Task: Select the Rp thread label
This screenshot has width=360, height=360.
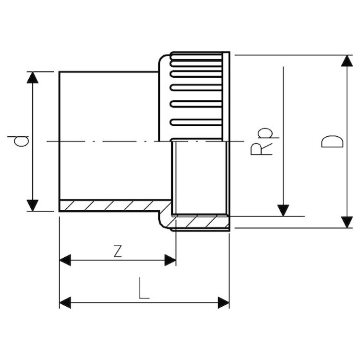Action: tap(262, 141)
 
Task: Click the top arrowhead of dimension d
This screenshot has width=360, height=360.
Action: tap(32, 77)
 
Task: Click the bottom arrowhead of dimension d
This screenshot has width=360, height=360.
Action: tap(32, 205)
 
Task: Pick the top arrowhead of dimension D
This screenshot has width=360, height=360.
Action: tap(347, 61)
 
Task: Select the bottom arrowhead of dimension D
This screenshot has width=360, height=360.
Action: tap(347, 222)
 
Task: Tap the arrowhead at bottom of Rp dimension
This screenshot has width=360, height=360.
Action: tap(284, 210)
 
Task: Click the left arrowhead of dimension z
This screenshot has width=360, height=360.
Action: tap(65, 260)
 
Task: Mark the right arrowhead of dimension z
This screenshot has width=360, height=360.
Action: tap(170, 260)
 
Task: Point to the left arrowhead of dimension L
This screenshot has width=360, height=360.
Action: tap(65, 302)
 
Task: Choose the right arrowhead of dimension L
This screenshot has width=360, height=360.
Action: tap(223, 302)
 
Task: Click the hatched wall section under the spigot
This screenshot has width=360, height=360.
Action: tap(110, 205)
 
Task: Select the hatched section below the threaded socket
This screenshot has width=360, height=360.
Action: tap(199, 222)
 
